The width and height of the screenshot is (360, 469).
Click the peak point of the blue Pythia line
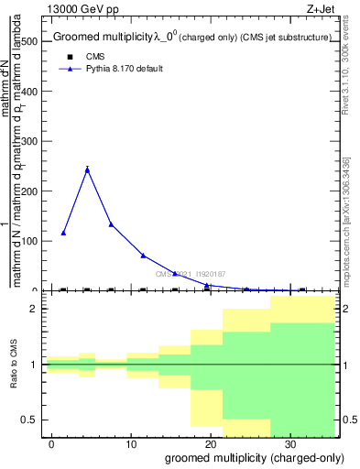pyautogui.click(x=87, y=169)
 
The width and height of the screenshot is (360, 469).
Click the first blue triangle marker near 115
pyautogui.click(x=63, y=233)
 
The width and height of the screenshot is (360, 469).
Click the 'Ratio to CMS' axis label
pyautogui.click(x=14, y=365)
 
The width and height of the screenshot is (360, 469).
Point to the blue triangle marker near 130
pyautogui.click(x=111, y=224)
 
